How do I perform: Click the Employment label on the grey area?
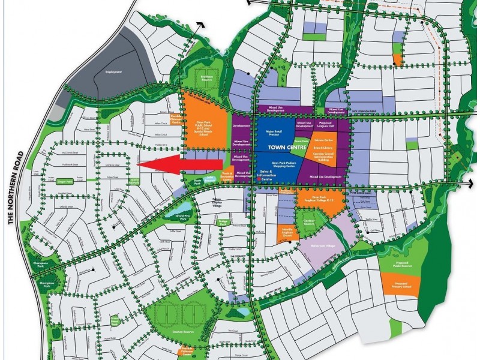[113, 72]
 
